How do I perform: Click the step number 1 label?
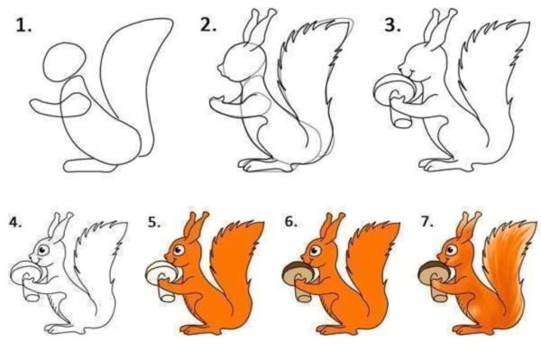23,26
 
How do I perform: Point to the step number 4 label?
13,220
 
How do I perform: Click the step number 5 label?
151,220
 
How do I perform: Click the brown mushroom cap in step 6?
297,269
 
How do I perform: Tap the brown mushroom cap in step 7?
435,269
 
